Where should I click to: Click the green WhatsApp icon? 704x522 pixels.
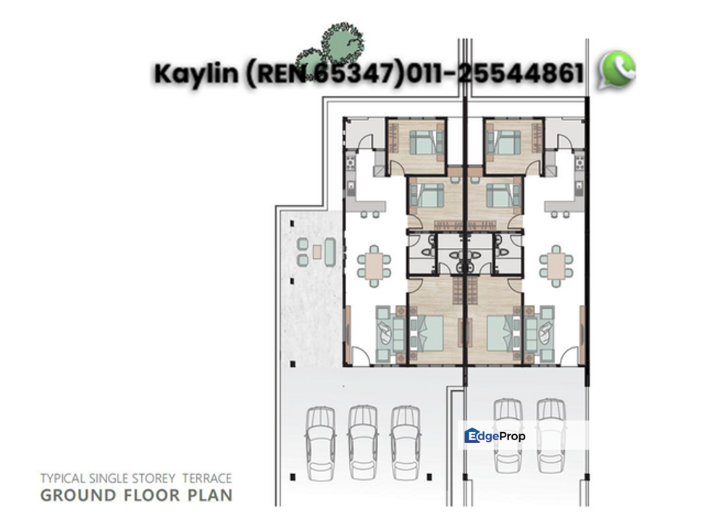coord(616,70)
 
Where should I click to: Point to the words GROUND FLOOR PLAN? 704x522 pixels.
coord(136,496)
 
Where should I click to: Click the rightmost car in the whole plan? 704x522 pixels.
coord(551,435)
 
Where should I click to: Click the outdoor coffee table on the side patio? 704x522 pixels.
coord(317,252)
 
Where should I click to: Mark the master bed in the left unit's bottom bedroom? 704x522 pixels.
coord(431,332)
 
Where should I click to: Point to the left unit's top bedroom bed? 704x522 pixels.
coord(424,141)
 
